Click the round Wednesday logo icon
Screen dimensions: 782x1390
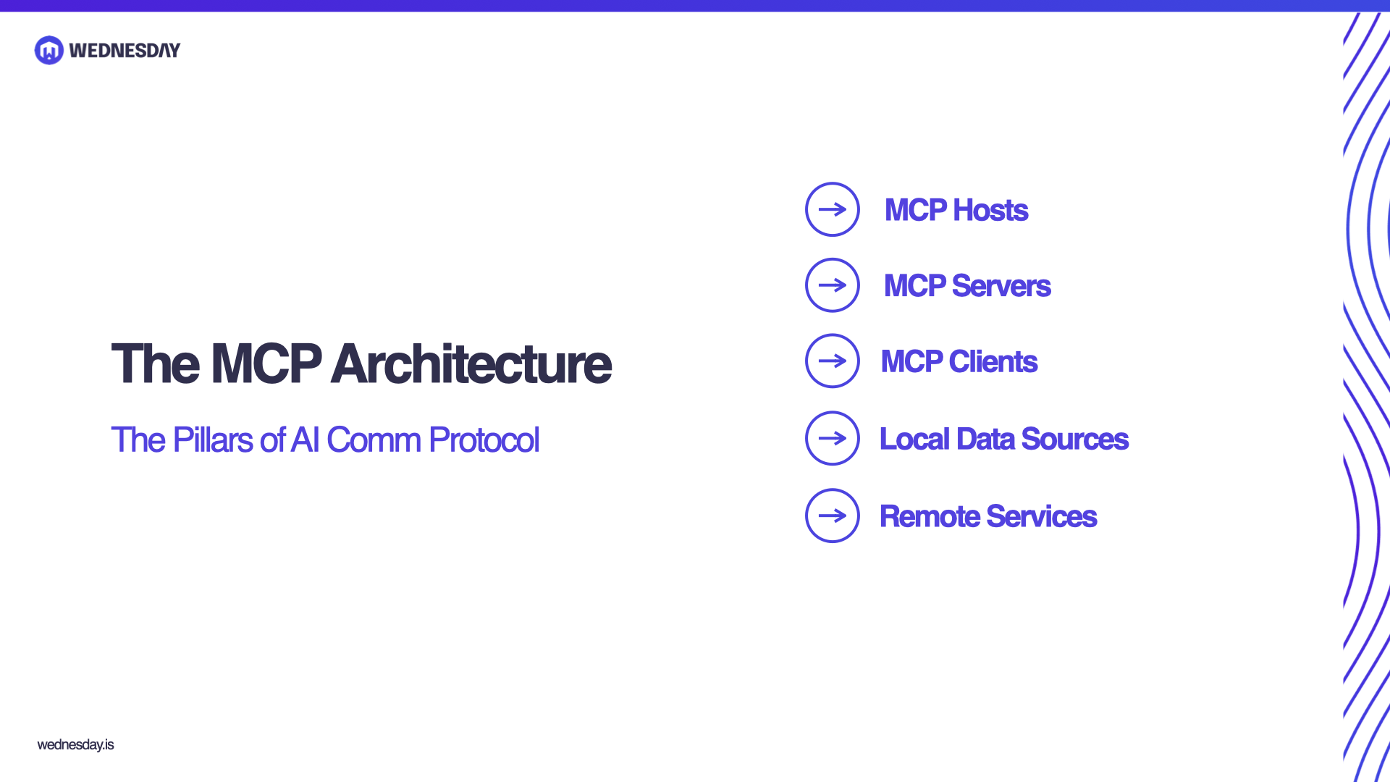(49, 50)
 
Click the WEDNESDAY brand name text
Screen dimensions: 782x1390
(125, 51)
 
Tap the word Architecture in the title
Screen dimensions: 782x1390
(471, 363)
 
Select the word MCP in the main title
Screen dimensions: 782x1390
(266, 363)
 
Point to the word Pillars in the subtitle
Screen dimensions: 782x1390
(213, 440)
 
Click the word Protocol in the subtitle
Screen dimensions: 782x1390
(484, 440)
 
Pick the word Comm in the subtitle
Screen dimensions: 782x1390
(374, 440)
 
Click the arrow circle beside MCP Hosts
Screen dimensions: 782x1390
(833, 209)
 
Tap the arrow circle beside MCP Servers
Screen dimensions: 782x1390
(833, 285)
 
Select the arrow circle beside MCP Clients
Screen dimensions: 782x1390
(833, 361)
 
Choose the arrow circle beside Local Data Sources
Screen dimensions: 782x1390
(833, 438)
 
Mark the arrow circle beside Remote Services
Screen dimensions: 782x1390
(833, 516)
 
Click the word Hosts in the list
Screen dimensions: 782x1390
(990, 210)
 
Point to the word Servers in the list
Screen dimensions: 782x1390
(1001, 286)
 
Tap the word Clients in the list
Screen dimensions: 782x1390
(993, 361)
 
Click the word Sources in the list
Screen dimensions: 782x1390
(1074, 439)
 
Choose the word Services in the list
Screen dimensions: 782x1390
(1041, 516)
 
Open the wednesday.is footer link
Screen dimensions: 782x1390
(75, 744)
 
